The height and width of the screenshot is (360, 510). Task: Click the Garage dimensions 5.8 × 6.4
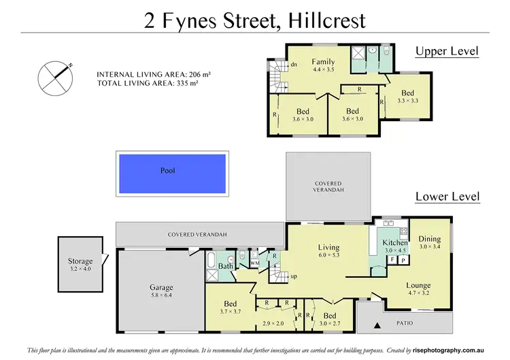161,296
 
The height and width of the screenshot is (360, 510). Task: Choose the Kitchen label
395,242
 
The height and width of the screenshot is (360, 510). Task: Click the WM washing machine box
255,262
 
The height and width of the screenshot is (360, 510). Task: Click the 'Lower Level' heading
447,197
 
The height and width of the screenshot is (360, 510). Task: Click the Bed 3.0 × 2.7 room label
329,316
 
